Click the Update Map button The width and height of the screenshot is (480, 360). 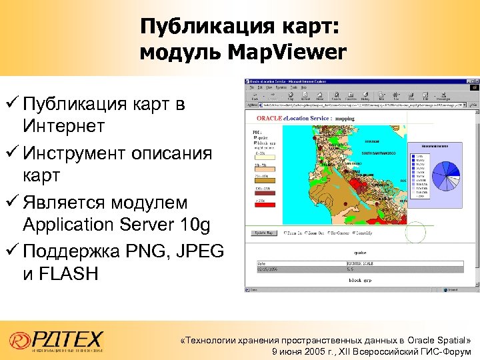(263, 233)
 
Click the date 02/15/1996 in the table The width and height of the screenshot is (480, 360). (267, 269)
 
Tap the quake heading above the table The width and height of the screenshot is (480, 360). (359, 253)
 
